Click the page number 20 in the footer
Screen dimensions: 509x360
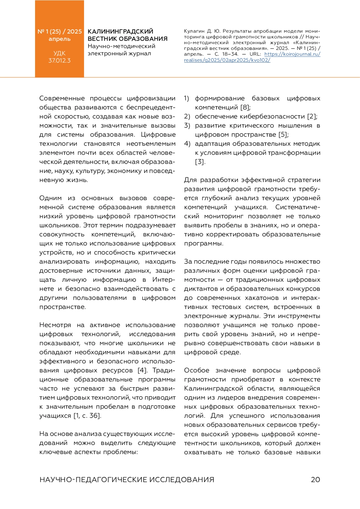(x=315, y=479)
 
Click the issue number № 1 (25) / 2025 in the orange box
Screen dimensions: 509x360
(x=59, y=31)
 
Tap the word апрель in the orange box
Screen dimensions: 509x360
(x=59, y=39)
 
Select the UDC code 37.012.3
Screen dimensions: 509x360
(x=59, y=61)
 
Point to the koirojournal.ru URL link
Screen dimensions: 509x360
(x=292, y=54)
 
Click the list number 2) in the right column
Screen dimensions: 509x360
(x=187, y=116)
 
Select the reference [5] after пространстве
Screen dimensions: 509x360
(x=283, y=135)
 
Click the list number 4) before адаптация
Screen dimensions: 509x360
(x=187, y=144)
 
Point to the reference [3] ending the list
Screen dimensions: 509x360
(x=200, y=162)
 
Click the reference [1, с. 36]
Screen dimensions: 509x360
(x=87, y=416)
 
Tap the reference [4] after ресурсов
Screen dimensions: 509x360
(x=142, y=370)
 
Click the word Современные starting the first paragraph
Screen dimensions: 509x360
(x=62, y=98)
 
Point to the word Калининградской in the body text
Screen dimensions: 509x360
(x=213, y=388)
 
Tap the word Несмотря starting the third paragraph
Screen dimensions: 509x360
(x=55, y=325)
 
